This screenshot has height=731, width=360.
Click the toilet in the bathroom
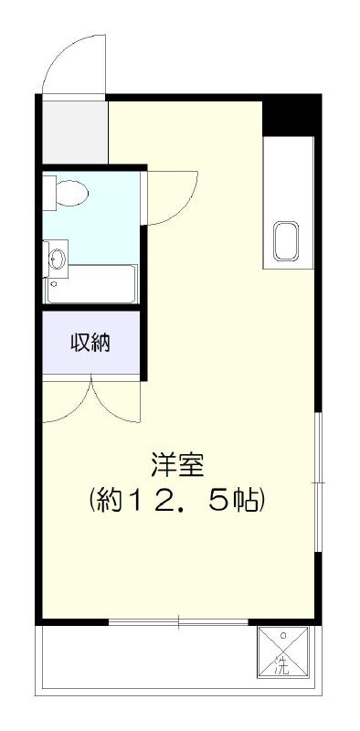click(x=70, y=193)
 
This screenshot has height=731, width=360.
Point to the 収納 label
click(x=90, y=344)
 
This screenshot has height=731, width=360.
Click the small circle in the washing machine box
click(x=283, y=634)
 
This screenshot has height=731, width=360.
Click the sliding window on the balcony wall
click(x=178, y=623)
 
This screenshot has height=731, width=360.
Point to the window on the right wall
click(x=317, y=481)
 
